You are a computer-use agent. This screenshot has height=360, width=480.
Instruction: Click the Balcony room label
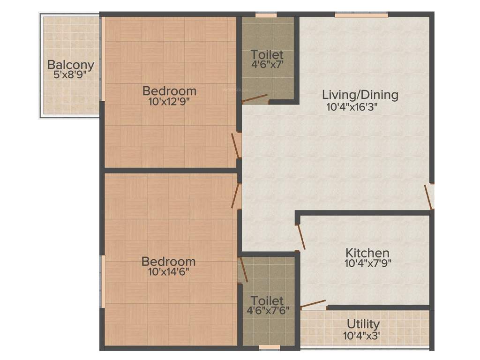click(x=71, y=65)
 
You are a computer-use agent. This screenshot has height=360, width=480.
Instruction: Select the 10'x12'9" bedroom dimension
click(x=169, y=100)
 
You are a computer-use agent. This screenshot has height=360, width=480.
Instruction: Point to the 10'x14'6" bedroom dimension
click(x=169, y=270)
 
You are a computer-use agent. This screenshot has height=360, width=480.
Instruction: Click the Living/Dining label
click(x=360, y=95)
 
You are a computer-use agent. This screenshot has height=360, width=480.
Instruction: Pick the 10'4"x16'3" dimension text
click(x=352, y=106)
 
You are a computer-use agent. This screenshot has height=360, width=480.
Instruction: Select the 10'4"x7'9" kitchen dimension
click(x=368, y=263)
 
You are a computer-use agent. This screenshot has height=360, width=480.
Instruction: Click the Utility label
click(x=363, y=324)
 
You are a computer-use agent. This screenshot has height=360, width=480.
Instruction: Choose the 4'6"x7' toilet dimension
click(x=267, y=64)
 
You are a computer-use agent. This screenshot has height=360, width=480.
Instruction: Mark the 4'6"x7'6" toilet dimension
click(x=268, y=310)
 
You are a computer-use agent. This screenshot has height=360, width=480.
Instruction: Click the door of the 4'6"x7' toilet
click(x=255, y=99)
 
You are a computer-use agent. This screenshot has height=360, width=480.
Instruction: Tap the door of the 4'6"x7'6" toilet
click(x=243, y=270)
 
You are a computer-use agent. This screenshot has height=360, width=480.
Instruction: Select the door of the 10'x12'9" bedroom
click(x=235, y=146)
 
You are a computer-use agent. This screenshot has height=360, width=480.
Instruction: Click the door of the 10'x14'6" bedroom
click(x=235, y=195)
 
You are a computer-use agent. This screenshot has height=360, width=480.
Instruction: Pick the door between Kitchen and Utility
click(x=313, y=304)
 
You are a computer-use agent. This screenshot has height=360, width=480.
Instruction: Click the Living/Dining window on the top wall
click(x=361, y=15)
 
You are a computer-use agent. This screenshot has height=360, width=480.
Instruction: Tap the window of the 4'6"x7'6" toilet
click(x=269, y=347)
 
